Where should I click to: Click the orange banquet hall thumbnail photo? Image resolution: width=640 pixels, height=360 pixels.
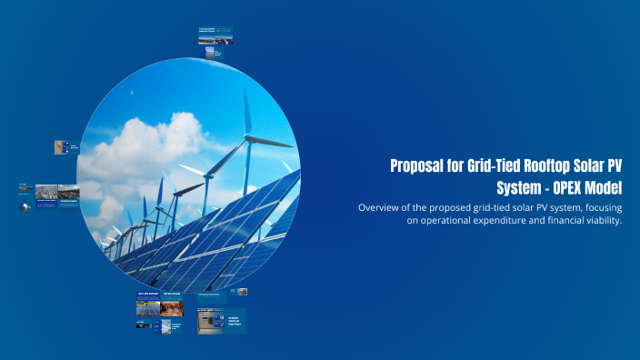coord(172,307)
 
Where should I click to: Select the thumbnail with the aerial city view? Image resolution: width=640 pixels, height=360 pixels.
coord(46,192)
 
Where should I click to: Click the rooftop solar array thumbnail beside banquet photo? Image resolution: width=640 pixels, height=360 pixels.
coord(147,307)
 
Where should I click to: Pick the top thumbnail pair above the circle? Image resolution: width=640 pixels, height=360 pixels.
coord(215,37)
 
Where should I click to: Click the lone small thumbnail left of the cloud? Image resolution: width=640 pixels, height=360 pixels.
coord(61,146)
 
